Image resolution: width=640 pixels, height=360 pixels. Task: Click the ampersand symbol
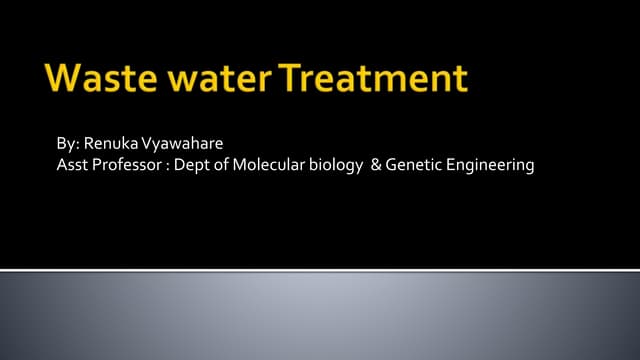376,165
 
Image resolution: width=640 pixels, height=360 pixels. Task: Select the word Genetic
412,165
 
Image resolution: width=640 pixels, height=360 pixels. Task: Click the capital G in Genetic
392,165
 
